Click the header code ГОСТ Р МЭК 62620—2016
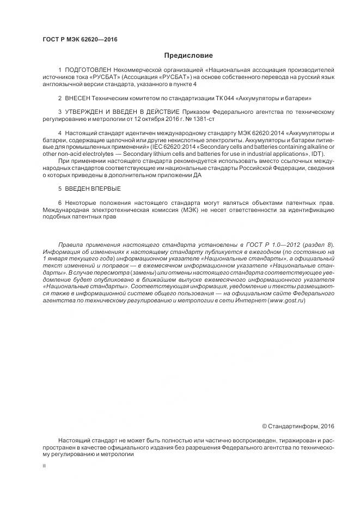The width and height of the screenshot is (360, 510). (x=80, y=40)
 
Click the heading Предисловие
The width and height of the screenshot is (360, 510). (x=188, y=56)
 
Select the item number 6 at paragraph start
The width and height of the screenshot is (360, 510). (x=59, y=203)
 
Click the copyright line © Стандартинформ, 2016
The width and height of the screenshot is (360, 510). (x=298, y=426)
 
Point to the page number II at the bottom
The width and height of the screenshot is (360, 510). (x=44, y=467)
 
